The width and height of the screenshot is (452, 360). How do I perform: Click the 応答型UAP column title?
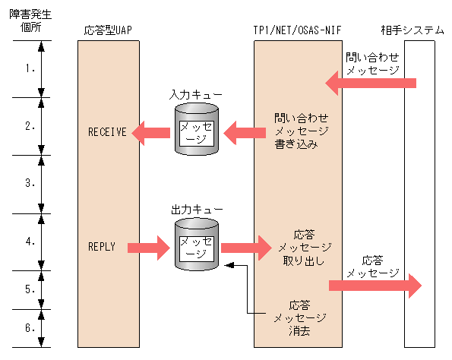tap(109, 30)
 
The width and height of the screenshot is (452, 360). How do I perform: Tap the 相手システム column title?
tap(412, 30)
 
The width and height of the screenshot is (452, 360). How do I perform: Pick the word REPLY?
tap(102, 247)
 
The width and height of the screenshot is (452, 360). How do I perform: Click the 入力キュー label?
tap(196, 94)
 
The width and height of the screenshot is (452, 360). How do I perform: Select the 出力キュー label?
tap(196, 208)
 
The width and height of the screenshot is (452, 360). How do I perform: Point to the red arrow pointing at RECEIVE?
tap(150, 133)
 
